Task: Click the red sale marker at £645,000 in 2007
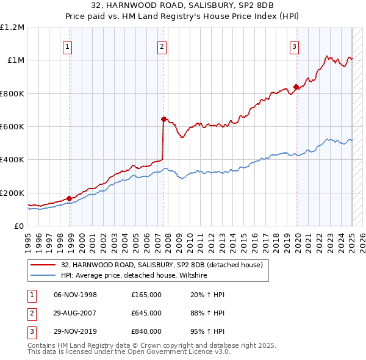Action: [x=163, y=119]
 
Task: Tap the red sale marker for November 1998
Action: [x=70, y=198]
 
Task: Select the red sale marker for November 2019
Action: [x=296, y=87]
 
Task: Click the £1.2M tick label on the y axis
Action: [x=13, y=27]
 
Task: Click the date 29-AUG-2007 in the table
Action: [x=75, y=313]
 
